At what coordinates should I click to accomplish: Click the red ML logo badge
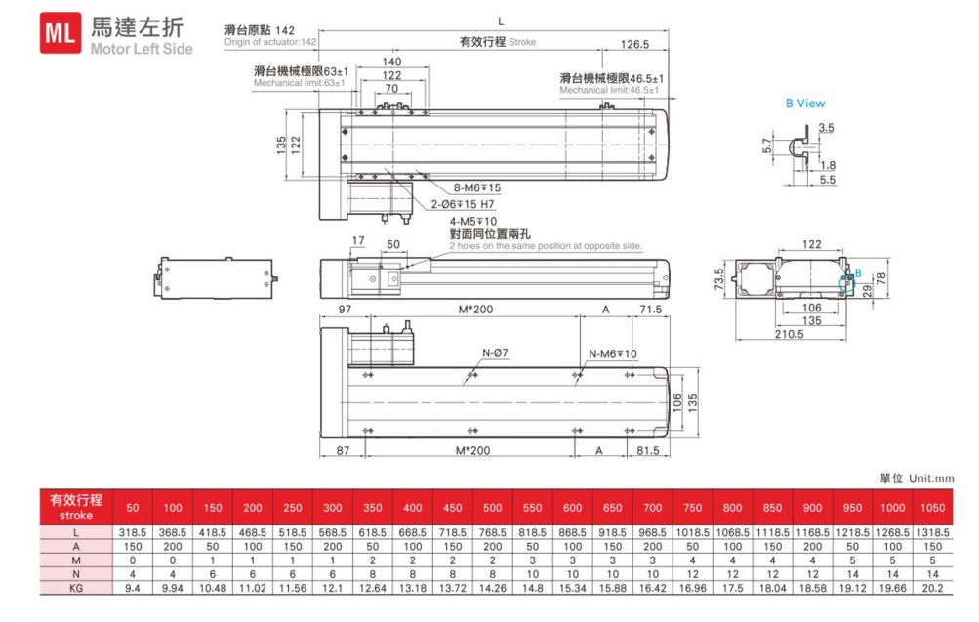(x=61, y=35)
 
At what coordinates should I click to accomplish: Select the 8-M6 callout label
(x=477, y=187)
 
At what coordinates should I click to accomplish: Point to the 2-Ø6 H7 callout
(x=463, y=205)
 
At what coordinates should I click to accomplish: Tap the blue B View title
(x=805, y=104)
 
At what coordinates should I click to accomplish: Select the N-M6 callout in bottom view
(x=613, y=353)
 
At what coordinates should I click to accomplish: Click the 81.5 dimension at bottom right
(x=647, y=451)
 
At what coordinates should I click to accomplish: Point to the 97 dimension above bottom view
(x=345, y=310)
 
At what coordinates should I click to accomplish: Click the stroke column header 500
(x=492, y=508)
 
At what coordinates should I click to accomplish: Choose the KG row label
(x=75, y=589)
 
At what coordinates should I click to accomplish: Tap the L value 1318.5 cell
(x=934, y=533)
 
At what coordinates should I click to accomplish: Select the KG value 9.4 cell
(x=133, y=589)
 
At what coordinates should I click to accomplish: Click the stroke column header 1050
(x=934, y=508)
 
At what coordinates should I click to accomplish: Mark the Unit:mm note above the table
(x=917, y=478)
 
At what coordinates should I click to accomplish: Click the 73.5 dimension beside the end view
(x=720, y=280)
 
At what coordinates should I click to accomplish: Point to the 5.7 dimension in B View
(x=767, y=145)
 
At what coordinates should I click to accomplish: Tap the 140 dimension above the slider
(x=391, y=62)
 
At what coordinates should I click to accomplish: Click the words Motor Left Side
(x=142, y=49)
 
